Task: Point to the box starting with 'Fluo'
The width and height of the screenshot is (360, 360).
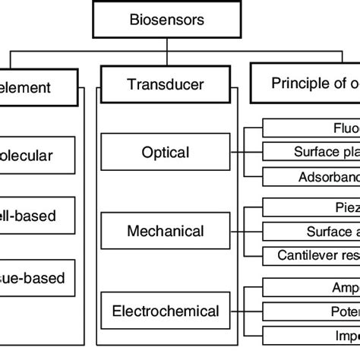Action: (311, 129)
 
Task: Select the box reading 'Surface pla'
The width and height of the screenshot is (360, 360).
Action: (311, 152)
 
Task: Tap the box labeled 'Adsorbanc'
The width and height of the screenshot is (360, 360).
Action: (311, 177)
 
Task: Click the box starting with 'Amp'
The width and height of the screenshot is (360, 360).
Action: (311, 288)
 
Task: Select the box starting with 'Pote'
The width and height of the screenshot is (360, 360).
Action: (311, 311)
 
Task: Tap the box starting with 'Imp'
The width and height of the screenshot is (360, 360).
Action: (311, 336)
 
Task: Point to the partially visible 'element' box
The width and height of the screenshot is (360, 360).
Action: (37, 87)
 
